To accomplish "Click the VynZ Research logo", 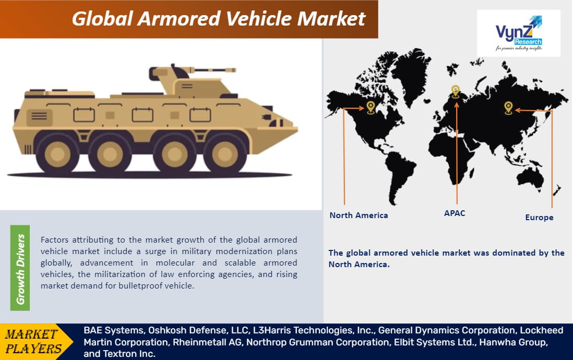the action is click(519, 33).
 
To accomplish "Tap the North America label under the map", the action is click(359, 215).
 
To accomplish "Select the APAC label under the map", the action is click(455, 213).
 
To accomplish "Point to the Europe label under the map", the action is click(539, 218).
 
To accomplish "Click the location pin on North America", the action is click(371, 107).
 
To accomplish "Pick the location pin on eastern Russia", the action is click(508, 108).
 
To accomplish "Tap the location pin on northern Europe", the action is click(456, 91).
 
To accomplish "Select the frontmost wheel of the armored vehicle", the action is click(224, 153).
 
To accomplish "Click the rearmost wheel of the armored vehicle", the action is click(57, 154).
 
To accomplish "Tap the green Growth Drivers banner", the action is click(20, 268).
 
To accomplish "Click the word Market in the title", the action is click(331, 19).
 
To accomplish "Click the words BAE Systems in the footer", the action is click(114, 330).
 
